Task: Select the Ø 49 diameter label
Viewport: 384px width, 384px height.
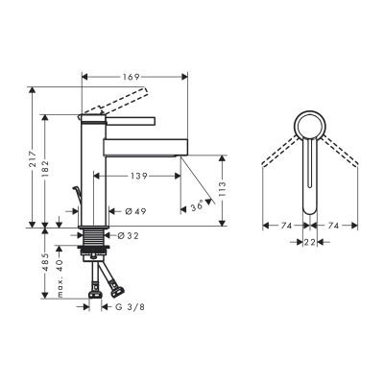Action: [x=134, y=210]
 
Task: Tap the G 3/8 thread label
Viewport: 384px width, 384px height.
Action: [x=134, y=306]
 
